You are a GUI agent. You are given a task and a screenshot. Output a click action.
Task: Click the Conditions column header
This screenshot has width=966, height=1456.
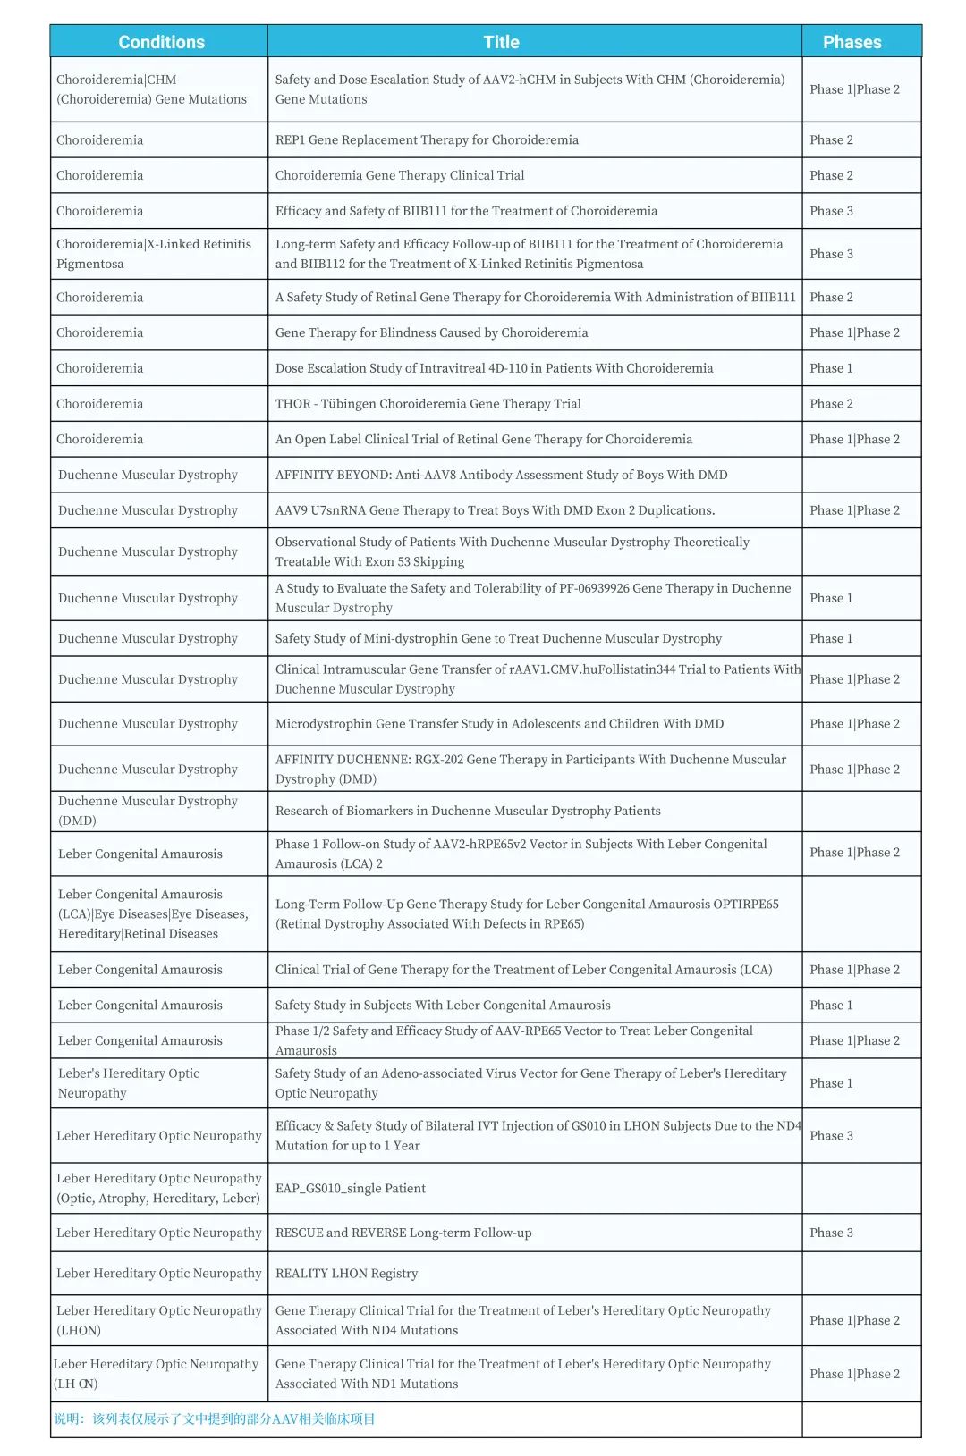pos(161,42)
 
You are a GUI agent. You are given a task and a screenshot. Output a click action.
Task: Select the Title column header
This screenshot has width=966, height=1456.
pos(501,42)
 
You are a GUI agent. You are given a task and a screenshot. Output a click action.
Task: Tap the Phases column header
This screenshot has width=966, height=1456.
pos(852,42)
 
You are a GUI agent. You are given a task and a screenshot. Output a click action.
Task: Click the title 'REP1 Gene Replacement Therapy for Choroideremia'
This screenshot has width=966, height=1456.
pos(427,139)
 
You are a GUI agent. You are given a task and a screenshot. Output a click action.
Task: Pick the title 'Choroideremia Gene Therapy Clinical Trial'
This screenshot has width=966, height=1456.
pos(400,175)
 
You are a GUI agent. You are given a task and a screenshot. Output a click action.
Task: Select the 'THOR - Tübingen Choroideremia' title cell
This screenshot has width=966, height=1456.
pos(428,403)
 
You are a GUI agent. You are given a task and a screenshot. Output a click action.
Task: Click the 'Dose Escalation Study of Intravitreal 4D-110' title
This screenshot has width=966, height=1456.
pos(494,367)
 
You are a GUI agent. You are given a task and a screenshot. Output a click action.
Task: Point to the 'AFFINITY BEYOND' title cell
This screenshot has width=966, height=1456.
pos(501,475)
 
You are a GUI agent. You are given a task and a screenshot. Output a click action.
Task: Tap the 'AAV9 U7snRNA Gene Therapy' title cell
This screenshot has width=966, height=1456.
pos(495,510)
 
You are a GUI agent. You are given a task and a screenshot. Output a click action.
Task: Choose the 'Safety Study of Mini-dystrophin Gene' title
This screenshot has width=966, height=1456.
pos(498,638)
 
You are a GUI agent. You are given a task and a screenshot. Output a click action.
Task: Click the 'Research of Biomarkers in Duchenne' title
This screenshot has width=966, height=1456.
pos(468,811)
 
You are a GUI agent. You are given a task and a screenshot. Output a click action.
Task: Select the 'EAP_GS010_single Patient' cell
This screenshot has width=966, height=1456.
pos(350,1188)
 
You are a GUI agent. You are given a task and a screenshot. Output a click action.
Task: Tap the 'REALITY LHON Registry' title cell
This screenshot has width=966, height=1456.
pos(346,1273)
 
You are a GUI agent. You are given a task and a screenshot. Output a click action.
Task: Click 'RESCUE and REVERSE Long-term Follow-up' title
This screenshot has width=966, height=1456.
pos(403,1233)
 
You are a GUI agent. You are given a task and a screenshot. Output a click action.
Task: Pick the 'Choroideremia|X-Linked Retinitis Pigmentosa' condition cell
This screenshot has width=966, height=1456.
pos(154,254)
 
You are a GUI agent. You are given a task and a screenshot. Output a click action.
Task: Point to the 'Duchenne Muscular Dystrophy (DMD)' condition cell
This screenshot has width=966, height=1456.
pos(148,811)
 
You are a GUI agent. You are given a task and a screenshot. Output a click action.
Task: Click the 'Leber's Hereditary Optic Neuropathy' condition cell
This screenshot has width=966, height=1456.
pos(129,1083)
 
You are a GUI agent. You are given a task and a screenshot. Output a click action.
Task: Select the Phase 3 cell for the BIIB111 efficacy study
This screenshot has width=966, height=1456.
pos(831,211)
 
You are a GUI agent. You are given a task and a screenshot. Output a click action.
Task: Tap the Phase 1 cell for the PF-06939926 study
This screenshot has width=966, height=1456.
pos(831,598)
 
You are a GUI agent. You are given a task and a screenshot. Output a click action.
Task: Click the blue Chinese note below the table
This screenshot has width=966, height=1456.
pos(215,1418)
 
